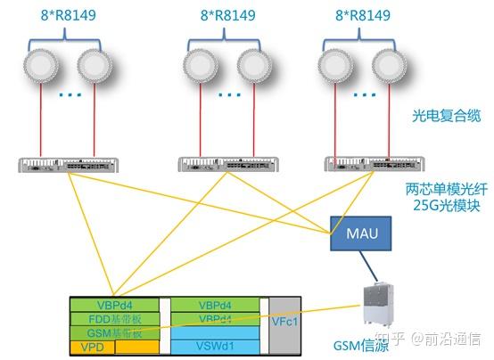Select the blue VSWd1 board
(215, 344)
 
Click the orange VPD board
(92, 346)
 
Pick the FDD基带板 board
(114, 318)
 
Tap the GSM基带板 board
(114, 331)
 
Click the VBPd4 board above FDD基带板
(114, 305)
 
